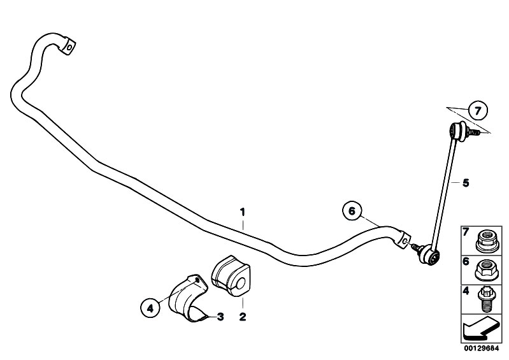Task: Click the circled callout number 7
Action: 478,111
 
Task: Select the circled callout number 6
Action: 352,211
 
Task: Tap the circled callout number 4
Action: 150,308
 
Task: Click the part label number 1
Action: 242,212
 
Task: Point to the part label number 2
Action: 243,317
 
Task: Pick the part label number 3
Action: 220,317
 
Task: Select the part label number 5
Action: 466,183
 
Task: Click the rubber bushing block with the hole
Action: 231,276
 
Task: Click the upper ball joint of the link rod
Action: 457,131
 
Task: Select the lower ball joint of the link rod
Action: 429,254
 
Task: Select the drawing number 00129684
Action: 481,349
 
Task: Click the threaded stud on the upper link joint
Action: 473,132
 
